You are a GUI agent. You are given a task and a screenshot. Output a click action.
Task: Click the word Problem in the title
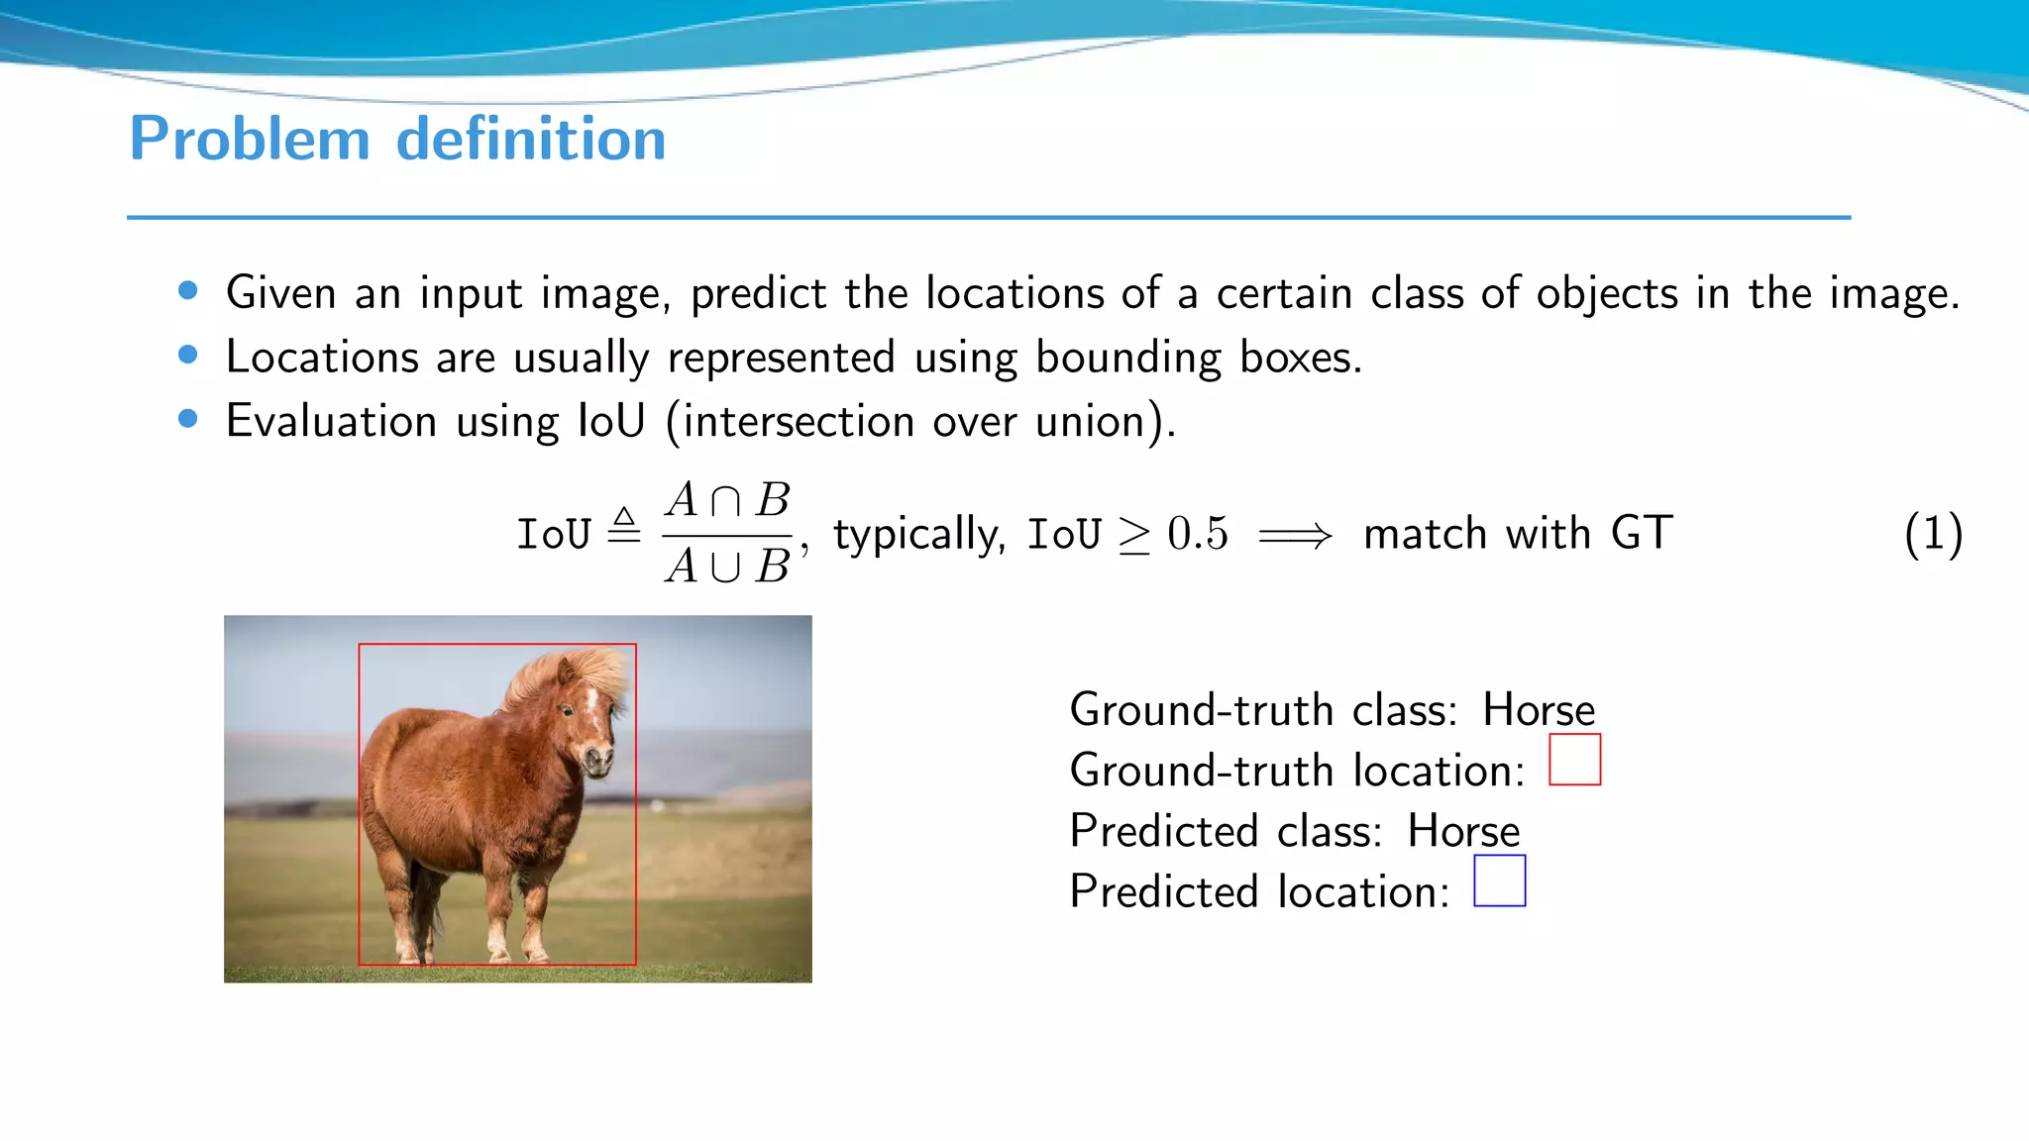point(250,139)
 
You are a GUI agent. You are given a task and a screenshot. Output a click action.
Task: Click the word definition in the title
point(531,139)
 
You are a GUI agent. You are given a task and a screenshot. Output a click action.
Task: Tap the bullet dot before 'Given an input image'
point(188,291)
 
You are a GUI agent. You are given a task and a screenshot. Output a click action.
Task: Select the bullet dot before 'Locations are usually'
point(188,355)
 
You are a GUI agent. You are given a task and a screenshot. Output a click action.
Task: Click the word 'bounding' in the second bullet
point(1128,358)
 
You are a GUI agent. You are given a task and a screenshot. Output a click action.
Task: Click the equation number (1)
point(1932,534)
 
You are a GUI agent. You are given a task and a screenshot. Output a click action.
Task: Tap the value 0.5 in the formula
point(1197,534)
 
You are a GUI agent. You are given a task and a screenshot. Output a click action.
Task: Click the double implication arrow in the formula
point(1295,537)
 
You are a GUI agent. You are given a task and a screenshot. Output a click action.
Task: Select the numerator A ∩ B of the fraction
point(727,500)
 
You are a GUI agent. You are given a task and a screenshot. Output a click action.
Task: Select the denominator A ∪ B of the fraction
point(727,567)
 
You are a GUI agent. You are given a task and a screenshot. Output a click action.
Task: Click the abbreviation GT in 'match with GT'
point(1642,534)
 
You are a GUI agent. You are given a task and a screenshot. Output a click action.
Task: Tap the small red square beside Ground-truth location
point(1574,760)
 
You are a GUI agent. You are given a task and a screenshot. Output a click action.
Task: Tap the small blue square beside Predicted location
point(1499,881)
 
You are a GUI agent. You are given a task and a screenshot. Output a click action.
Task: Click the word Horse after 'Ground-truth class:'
point(1539,710)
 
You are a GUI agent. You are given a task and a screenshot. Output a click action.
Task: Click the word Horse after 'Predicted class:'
point(1463,831)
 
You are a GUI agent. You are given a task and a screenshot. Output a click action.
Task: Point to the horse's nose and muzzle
point(598,761)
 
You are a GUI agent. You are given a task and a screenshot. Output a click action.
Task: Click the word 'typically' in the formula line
point(918,535)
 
